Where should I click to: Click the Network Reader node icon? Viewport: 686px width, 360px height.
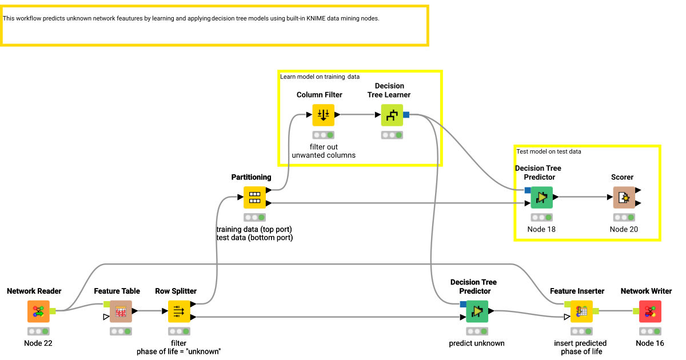[x=38, y=311]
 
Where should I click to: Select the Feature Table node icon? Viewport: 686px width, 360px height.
[x=121, y=311]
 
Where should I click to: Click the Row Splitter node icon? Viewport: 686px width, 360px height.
[x=179, y=311]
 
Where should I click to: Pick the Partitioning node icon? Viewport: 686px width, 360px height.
[x=254, y=198]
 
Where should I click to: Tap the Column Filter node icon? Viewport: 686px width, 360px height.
[x=323, y=115]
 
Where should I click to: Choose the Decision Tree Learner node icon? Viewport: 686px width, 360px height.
[x=392, y=115]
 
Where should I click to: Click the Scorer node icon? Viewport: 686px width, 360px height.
[x=624, y=198]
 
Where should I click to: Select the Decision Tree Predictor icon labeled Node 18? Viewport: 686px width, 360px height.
[x=541, y=198]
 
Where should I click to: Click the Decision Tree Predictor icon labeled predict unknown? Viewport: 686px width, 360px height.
[x=477, y=311]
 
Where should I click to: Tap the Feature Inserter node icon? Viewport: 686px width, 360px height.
[x=581, y=311]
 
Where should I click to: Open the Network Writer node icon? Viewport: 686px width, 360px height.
[x=650, y=311]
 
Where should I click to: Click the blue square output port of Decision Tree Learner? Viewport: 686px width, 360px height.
[x=406, y=115]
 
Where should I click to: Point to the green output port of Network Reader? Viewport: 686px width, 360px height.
[x=53, y=311]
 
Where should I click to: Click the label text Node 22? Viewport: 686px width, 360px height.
[x=38, y=343]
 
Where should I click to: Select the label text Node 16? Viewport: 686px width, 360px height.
[x=650, y=343]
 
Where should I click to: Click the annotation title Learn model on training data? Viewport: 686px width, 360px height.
[x=320, y=77]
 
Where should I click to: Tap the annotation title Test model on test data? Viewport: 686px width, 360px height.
[x=549, y=151]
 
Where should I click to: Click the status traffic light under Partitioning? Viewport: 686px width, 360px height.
[x=254, y=217]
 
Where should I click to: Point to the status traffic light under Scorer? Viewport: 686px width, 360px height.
[x=624, y=217]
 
